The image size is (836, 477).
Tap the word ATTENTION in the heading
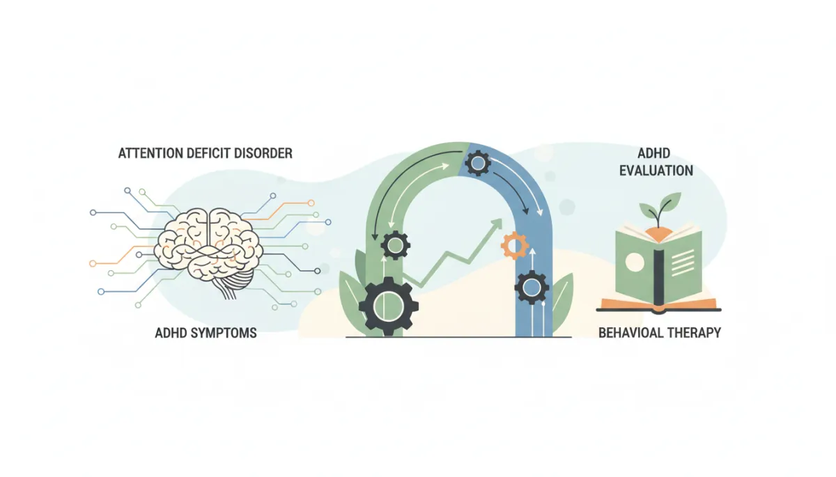point(150,153)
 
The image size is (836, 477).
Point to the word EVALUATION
point(656,171)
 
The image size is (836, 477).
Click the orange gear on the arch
point(515,245)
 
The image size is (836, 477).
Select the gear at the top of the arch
point(478,163)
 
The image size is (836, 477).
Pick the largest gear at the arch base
point(389,306)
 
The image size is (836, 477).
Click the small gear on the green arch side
point(395,245)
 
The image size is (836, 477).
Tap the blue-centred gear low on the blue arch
point(532,288)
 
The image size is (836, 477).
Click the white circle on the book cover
point(635,262)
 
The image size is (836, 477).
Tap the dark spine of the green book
point(659,276)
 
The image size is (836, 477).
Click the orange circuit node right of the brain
point(311,203)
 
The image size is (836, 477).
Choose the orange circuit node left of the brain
point(93,264)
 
